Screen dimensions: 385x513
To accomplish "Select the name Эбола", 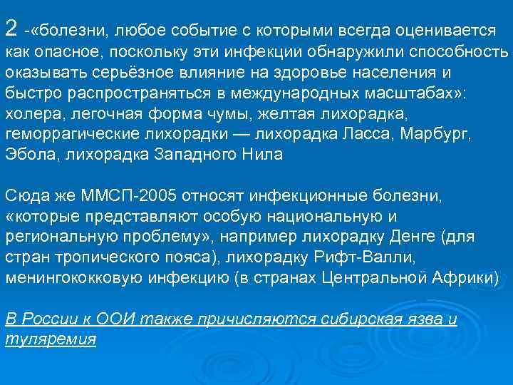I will (x=26, y=153).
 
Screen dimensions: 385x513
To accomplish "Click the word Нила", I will (x=261, y=153).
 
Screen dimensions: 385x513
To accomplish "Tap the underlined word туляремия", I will (x=50, y=339).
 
